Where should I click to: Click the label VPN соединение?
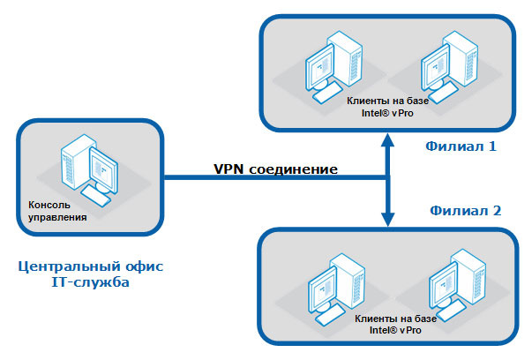coord(274,167)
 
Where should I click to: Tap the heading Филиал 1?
coord(460,145)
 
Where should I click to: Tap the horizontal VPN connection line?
coord(265,177)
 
